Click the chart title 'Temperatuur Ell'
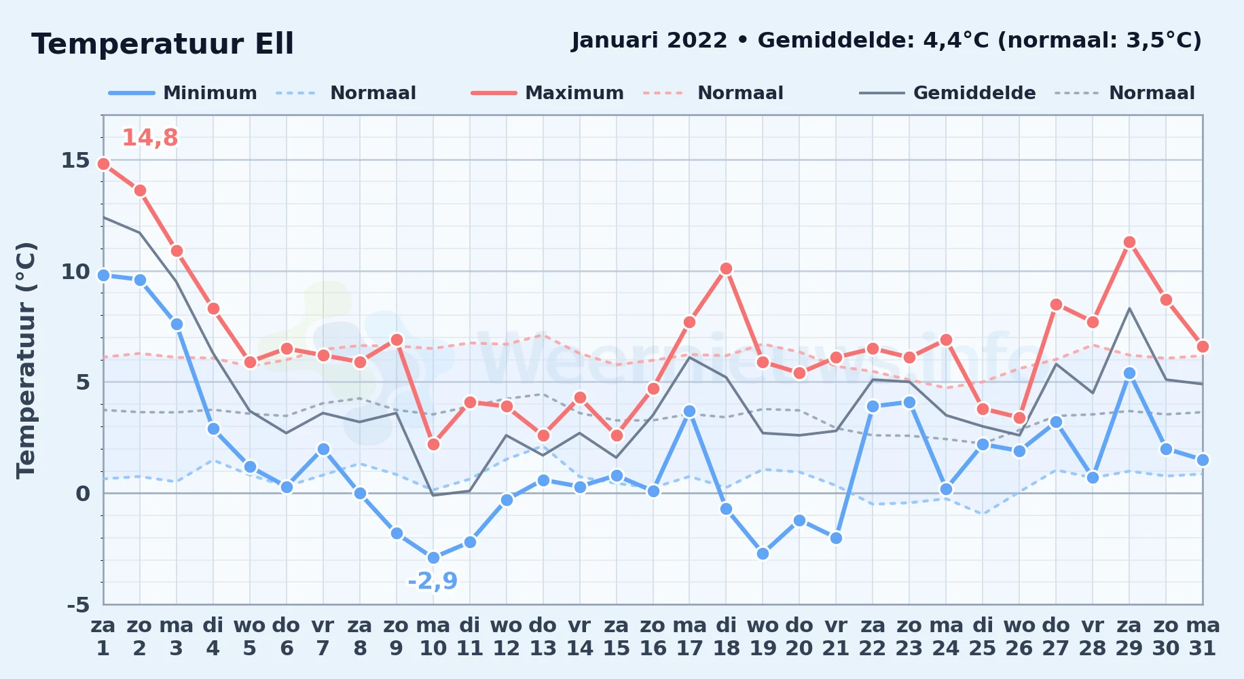tap(162, 44)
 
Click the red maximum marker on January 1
tap(103, 164)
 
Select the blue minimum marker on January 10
tap(433, 558)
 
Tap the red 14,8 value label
tap(149, 138)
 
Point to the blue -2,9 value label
tap(433, 581)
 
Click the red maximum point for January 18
tap(726, 269)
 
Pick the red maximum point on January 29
tap(1129, 242)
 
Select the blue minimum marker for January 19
tap(763, 553)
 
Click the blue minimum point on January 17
tap(689, 411)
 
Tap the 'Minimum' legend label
tap(210, 93)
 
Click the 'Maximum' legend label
tap(574, 93)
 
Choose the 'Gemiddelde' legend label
tap(974, 93)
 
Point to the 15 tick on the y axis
tap(75, 160)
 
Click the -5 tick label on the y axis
tap(78, 604)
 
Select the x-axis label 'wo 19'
tap(763, 637)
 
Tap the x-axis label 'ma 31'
tap(1203, 637)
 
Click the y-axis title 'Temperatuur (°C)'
tap(26, 360)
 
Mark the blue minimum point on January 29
tap(1129, 373)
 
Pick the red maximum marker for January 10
tap(433, 444)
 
